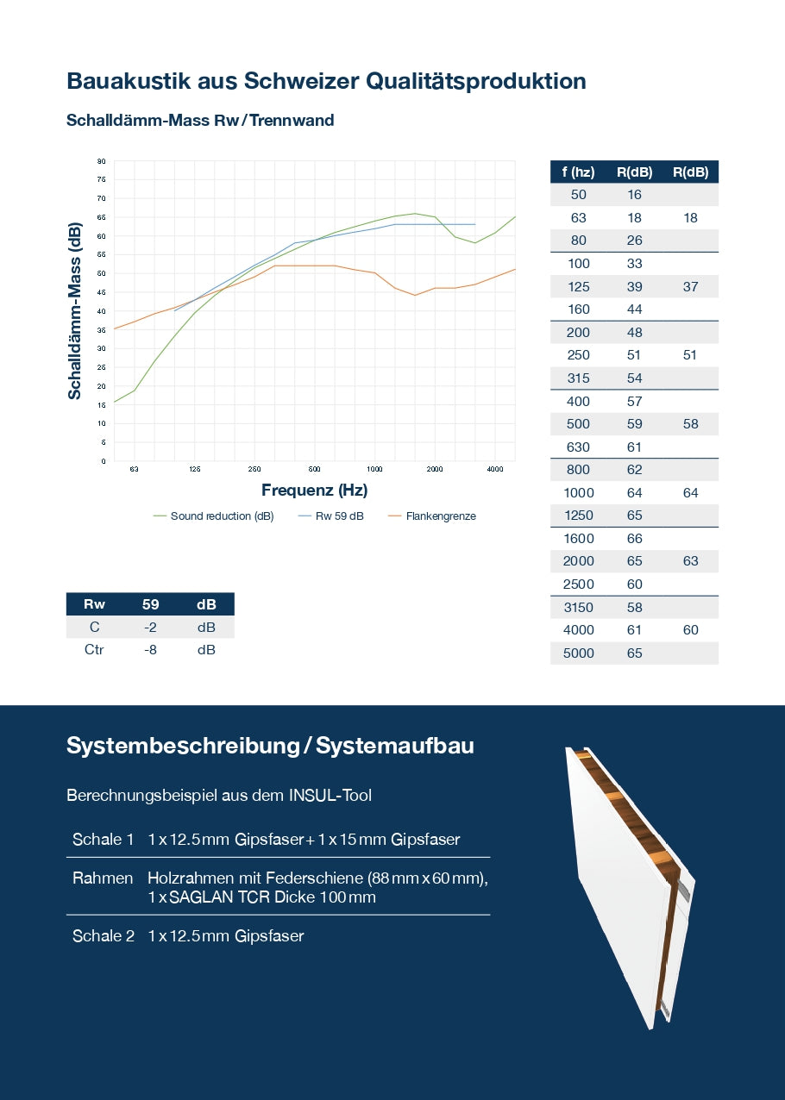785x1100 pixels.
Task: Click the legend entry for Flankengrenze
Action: coord(440,516)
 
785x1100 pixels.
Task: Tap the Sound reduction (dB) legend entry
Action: coord(222,516)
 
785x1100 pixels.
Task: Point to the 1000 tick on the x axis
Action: coord(374,470)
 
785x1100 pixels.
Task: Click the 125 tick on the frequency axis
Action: coord(194,470)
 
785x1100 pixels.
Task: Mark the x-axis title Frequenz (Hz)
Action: coord(314,491)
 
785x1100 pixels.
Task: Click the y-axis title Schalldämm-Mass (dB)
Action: coord(75,311)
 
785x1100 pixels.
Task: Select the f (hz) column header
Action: coord(578,172)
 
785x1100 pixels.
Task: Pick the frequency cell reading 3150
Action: coord(578,608)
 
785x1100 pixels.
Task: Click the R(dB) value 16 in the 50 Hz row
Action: coord(634,195)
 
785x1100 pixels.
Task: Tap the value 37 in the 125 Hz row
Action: coord(690,286)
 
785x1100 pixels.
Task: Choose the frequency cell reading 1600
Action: coord(578,539)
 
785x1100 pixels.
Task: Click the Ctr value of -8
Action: coord(150,649)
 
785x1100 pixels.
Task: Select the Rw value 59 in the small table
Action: coord(150,604)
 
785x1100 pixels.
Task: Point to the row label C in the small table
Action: coord(95,628)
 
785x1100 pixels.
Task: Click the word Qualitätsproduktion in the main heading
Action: coord(476,81)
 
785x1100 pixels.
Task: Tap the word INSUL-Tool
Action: coord(330,795)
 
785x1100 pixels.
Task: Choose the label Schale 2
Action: coord(104,935)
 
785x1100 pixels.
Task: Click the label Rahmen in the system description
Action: coord(103,878)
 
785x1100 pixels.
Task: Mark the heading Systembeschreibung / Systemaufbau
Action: coord(270,746)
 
